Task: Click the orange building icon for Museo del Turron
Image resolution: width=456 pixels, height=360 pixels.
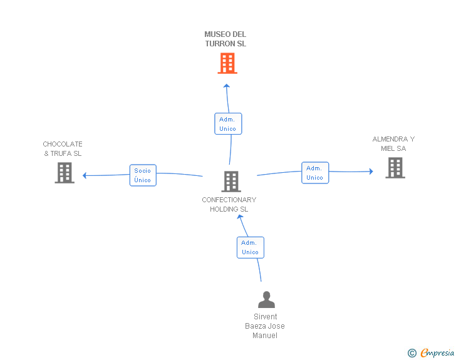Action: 227,63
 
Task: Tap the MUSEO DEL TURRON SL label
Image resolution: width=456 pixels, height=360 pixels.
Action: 225,39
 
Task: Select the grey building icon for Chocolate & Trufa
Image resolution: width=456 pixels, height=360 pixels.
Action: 65,173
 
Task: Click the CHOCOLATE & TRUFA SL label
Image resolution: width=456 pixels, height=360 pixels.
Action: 63,148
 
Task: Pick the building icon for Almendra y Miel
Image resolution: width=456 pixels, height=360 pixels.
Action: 395,168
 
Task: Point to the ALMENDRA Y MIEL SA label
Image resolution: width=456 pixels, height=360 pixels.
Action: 393,143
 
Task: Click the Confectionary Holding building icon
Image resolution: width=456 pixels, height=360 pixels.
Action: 231,182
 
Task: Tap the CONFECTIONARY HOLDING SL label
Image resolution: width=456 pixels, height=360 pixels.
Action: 229,205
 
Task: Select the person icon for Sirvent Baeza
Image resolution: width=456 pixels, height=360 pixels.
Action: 266,299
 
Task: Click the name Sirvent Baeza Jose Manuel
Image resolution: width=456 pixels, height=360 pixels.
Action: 265,326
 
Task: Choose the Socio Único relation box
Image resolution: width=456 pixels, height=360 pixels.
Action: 143,175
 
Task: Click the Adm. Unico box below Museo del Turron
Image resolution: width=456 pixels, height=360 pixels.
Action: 228,124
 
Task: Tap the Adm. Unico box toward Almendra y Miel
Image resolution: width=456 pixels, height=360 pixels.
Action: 315,173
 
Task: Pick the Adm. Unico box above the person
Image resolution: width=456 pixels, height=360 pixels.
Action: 251,247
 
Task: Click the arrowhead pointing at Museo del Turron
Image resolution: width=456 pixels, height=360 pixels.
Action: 227,86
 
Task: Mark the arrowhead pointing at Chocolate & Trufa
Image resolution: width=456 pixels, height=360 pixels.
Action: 85,175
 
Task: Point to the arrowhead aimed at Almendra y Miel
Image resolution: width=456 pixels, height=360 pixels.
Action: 371,172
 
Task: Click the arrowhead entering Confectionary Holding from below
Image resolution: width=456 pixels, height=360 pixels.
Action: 240,217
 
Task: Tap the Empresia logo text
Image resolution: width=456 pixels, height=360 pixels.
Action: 437,352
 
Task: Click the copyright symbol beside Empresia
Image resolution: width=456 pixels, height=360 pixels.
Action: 412,353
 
